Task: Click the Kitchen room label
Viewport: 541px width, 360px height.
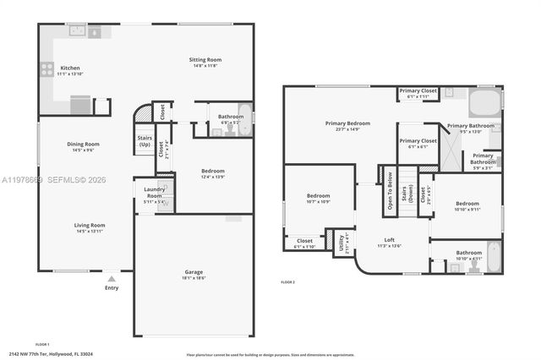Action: pyautogui.click(x=46, y=67)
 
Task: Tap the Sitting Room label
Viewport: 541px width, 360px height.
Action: pyautogui.click(x=205, y=60)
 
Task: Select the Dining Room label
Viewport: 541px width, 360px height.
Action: pyautogui.click(x=84, y=145)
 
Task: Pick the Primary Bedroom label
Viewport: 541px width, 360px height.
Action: pyautogui.click(x=347, y=123)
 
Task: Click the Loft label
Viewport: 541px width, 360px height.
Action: pyautogui.click(x=389, y=239)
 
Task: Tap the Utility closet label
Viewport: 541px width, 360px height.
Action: pyautogui.click(x=344, y=242)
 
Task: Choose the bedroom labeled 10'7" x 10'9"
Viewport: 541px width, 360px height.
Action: pyautogui.click(x=306, y=197)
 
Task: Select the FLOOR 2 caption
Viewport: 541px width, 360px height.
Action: pyautogui.click(x=287, y=281)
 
